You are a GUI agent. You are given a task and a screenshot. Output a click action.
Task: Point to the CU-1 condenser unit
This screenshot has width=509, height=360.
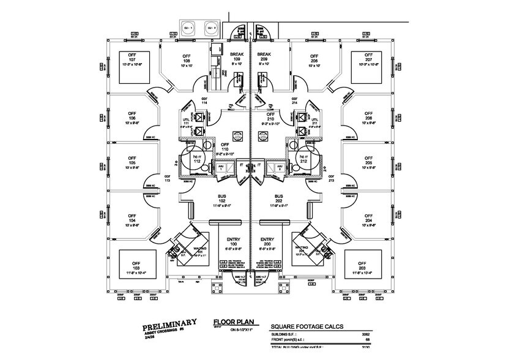click(x=187, y=28)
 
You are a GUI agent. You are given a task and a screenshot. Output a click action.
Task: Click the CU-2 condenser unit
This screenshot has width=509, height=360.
click(x=211, y=28)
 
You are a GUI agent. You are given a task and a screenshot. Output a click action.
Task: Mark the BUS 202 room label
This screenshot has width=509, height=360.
click(x=278, y=200)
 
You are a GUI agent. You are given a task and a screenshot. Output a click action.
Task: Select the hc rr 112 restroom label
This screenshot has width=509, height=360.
click(x=197, y=160)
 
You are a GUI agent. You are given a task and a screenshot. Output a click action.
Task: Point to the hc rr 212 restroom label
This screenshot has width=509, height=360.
click(x=303, y=160)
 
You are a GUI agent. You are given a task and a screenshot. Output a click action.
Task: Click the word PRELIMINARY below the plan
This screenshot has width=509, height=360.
click(x=169, y=323)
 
